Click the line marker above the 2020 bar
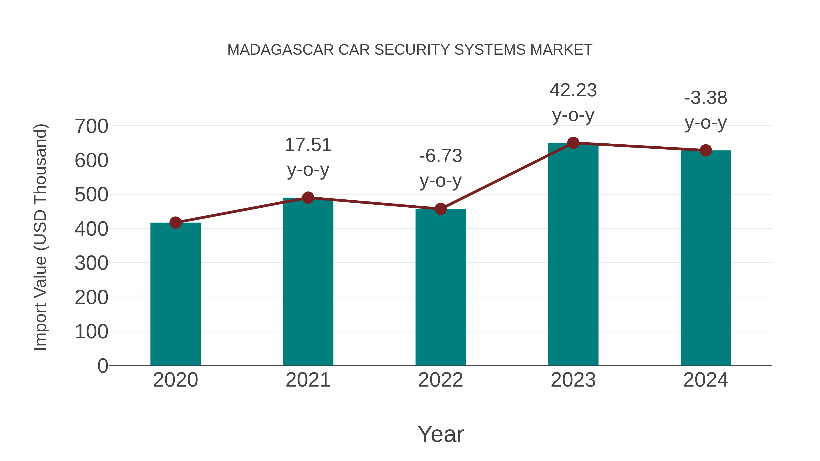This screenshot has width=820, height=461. (175, 223)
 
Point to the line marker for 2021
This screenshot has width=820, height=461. (308, 198)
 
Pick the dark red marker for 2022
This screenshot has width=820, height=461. (441, 209)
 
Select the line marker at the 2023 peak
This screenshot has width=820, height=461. (573, 143)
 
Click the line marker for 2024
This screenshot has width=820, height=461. (706, 150)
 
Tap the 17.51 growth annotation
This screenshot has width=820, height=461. (308, 145)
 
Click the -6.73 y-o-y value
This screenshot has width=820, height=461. (441, 156)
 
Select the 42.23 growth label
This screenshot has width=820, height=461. (573, 90)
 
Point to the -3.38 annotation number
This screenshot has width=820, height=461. (706, 98)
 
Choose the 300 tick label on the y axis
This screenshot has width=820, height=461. (91, 263)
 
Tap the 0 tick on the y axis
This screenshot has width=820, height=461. (102, 366)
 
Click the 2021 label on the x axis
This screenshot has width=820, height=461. (308, 380)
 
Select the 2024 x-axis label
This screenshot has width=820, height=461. (706, 380)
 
